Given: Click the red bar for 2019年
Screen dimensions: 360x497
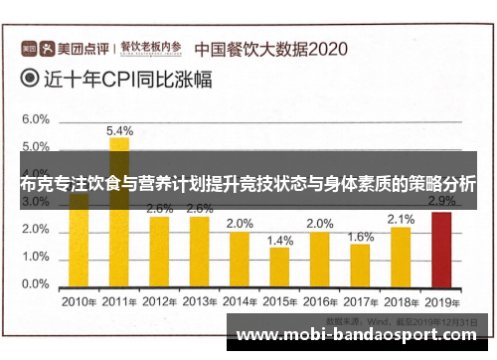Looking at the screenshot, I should pos(441,248).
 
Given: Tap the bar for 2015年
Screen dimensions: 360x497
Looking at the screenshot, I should pos(280,266).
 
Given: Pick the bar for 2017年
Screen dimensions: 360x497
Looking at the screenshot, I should pos(361,264).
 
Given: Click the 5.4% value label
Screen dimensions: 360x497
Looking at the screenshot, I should pos(120,130).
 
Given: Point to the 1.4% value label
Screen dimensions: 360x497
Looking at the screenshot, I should pos(280,241).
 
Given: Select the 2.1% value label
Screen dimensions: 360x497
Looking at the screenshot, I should pos(401,220).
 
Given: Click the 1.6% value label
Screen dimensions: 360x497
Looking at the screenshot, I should pos(361,237).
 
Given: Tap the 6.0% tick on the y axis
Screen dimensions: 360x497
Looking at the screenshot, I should pos(36,119).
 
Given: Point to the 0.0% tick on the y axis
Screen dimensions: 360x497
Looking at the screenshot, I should pos(36,284).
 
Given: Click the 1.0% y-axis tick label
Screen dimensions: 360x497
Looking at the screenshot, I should pos(36,257).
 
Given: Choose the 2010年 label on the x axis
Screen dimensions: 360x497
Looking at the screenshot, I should pos(79,300).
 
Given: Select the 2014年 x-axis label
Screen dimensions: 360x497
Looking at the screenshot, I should pos(240,300).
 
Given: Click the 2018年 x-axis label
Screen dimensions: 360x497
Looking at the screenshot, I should pos(401,300).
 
